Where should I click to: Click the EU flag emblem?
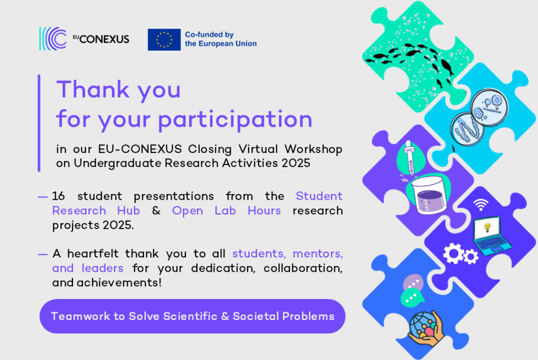[x=164, y=39]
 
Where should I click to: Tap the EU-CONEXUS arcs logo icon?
[x=53, y=39]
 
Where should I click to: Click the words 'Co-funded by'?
[x=209, y=35]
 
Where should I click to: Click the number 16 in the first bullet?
[x=58, y=197]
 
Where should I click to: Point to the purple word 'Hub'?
[x=128, y=211]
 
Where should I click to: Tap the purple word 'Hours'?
[x=264, y=211]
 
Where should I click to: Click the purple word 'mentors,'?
[x=318, y=254]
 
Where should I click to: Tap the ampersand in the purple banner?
[x=225, y=316]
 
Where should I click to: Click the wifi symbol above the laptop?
[x=481, y=205]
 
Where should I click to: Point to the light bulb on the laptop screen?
[x=487, y=227]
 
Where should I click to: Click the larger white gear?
[x=453, y=253]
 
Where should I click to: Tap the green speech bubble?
[x=411, y=297]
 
